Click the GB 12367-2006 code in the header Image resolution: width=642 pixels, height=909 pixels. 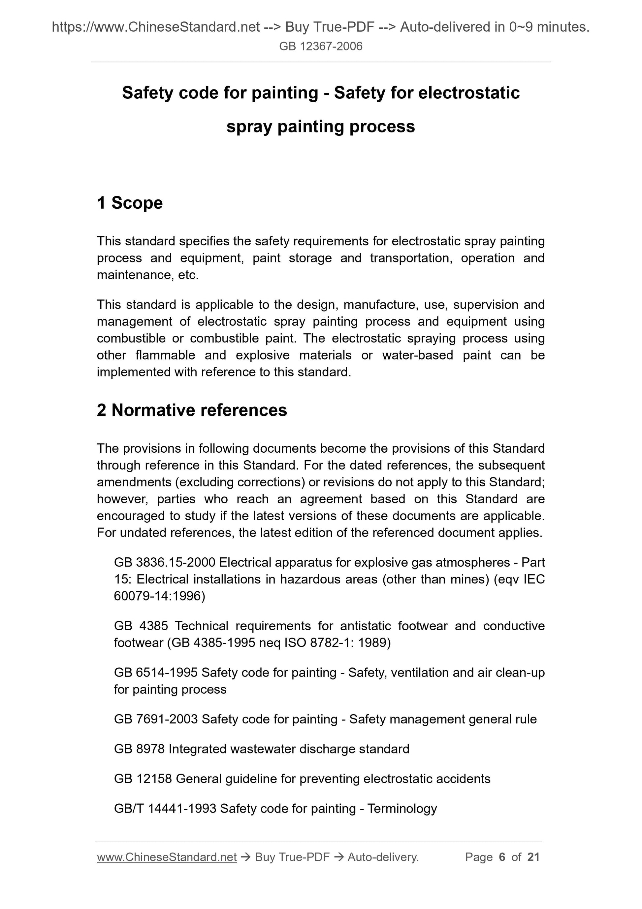(x=320, y=47)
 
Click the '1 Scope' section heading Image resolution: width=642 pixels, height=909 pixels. (x=130, y=203)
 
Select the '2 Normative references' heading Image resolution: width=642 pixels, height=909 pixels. (x=192, y=410)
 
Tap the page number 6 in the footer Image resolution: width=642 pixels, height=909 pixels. (x=502, y=857)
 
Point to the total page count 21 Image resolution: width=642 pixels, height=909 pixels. (x=533, y=857)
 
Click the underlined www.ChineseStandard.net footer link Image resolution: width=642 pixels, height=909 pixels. (x=167, y=857)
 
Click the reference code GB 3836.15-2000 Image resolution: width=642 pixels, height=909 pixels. (x=164, y=562)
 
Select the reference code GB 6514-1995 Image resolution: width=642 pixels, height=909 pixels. (x=155, y=672)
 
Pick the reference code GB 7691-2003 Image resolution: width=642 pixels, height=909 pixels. (x=155, y=719)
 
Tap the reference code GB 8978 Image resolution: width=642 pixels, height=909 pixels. (x=139, y=749)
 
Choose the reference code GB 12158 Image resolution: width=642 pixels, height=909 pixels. (x=143, y=779)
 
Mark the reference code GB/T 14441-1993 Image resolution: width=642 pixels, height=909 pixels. (x=165, y=808)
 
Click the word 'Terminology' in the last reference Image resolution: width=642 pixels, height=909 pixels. (x=402, y=808)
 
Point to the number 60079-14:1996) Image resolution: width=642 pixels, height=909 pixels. (x=159, y=596)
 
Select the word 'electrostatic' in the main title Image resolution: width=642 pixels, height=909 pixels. (x=469, y=93)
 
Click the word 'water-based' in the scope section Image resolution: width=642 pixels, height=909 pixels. (x=417, y=355)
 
